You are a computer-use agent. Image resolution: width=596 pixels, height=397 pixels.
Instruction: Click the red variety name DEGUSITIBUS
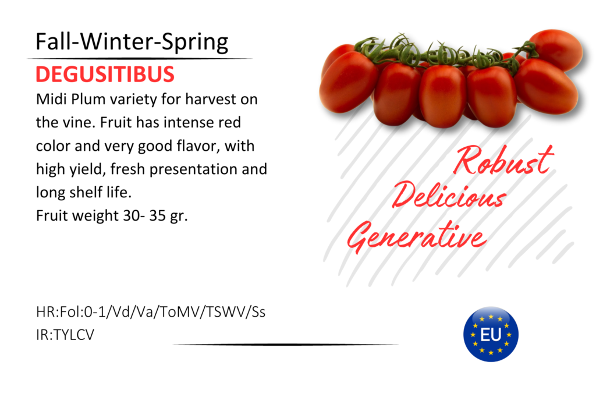coord(105,74)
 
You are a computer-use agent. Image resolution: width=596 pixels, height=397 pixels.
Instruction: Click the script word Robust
coord(503,159)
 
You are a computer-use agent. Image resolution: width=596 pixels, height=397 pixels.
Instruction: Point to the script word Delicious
coord(449,196)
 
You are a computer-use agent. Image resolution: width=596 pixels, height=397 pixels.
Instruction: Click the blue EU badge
coord(491,334)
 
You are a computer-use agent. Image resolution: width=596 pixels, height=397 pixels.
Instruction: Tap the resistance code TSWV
coord(226,312)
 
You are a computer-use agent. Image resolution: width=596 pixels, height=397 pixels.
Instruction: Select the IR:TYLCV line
coord(65,335)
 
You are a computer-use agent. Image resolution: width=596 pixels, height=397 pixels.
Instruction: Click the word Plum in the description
coord(88,99)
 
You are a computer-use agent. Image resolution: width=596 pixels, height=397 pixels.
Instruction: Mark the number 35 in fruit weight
coord(157,215)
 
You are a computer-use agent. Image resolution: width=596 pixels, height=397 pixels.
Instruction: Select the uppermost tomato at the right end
coord(556,49)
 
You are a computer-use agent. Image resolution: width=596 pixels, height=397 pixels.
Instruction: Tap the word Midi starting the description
coord(51,99)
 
